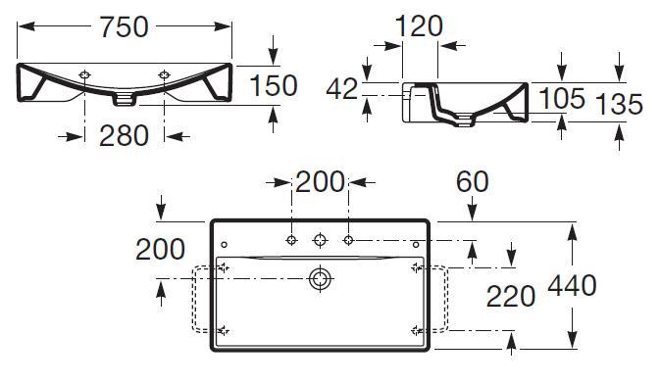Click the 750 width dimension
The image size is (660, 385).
click(124, 27)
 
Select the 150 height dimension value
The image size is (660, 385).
click(274, 85)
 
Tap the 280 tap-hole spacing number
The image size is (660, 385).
click(124, 136)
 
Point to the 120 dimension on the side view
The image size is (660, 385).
click(419, 26)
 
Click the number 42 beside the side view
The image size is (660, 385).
click(342, 89)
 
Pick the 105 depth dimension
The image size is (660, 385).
click(562, 98)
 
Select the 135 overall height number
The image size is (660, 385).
click(619, 104)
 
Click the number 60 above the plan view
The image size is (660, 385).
click(473, 181)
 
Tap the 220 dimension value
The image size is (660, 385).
click(511, 296)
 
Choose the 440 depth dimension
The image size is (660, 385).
click(572, 285)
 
